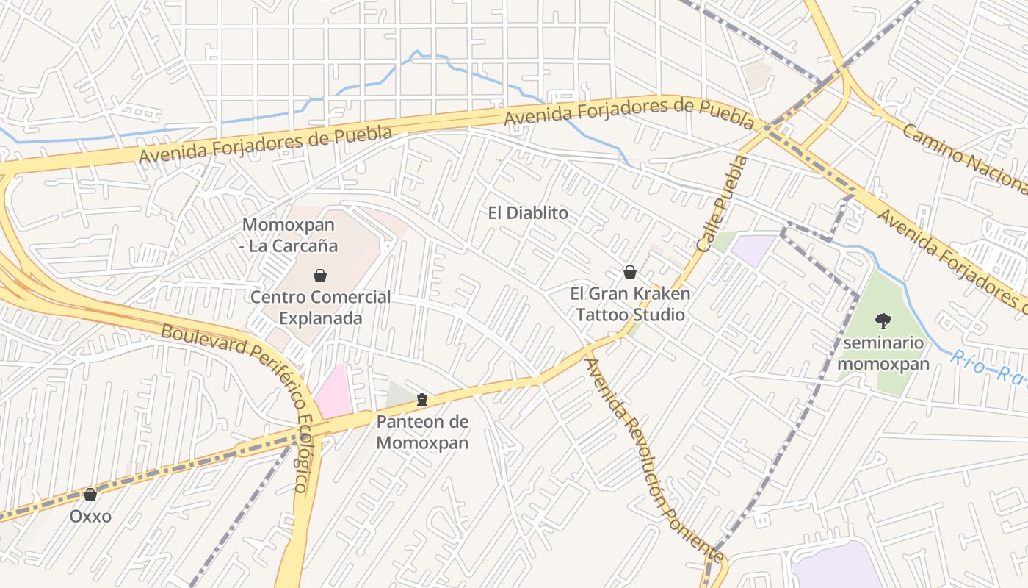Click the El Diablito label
528,213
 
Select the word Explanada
321,318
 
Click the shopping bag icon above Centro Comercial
320,276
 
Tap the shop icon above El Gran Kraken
629,272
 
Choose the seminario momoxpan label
883,353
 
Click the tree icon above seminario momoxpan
883,320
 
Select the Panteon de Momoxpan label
422,432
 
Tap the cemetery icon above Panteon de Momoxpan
421,400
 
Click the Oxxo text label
90,516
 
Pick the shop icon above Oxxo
90,495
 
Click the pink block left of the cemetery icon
335,390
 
